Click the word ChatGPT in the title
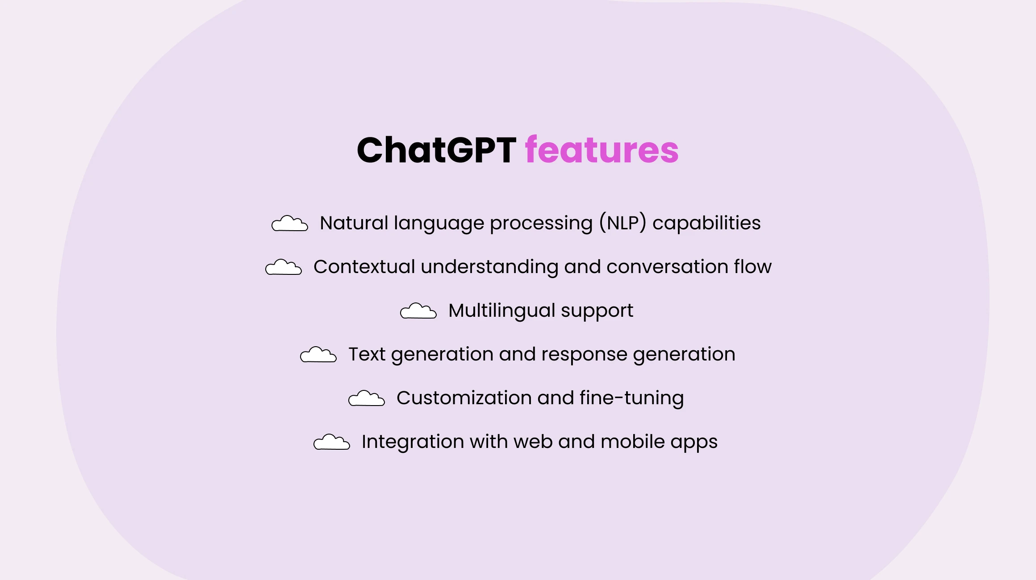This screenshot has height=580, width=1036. pos(436,150)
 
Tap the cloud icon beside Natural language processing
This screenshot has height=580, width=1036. pos(290,223)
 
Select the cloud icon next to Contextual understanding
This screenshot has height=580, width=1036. pos(284,267)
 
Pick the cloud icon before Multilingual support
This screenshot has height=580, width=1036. pos(418,311)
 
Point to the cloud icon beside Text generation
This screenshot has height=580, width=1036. pos(318,354)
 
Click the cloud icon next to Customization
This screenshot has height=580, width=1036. pos(367,398)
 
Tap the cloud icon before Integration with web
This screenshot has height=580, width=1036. pos(332,442)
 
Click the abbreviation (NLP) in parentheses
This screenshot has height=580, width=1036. pos(622,223)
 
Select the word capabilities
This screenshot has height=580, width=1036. pos(706,223)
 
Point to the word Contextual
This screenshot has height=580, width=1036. pos(364,267)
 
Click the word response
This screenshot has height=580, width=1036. pos(585,355)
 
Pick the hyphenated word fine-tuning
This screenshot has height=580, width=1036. pos(632,398)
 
